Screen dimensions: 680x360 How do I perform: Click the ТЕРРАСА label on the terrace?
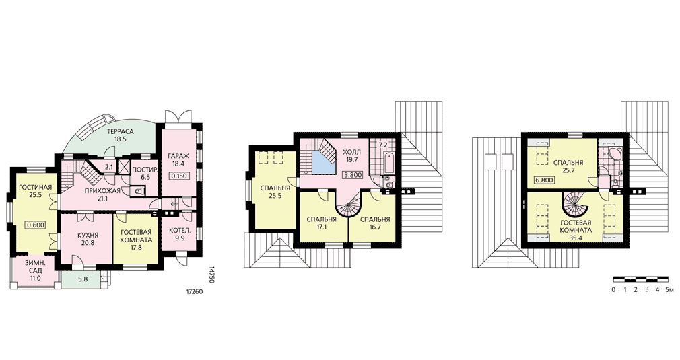click(118, 132)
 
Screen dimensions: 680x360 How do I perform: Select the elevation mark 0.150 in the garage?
click(178, 176)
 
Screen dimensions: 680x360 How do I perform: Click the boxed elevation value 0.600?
click(35, 225)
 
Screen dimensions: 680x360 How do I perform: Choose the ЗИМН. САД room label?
click(35, 266)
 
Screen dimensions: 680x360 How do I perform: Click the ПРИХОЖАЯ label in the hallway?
click(102, 191)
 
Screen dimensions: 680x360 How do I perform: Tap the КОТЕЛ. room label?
click(178, 229)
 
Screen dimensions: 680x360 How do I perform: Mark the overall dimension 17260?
click(194, 292)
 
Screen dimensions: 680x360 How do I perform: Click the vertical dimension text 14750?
click(212, 275)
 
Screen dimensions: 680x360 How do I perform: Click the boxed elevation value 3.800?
click(352, 176)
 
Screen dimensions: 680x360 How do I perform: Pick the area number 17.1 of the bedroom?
click(321, 227)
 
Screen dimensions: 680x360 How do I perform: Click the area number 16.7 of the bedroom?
click(375, 227)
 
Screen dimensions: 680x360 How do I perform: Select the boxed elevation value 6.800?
click(544, 180)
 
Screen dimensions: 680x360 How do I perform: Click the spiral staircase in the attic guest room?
click(576, 205)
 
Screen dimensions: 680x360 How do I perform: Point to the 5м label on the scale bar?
click(670, 289)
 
